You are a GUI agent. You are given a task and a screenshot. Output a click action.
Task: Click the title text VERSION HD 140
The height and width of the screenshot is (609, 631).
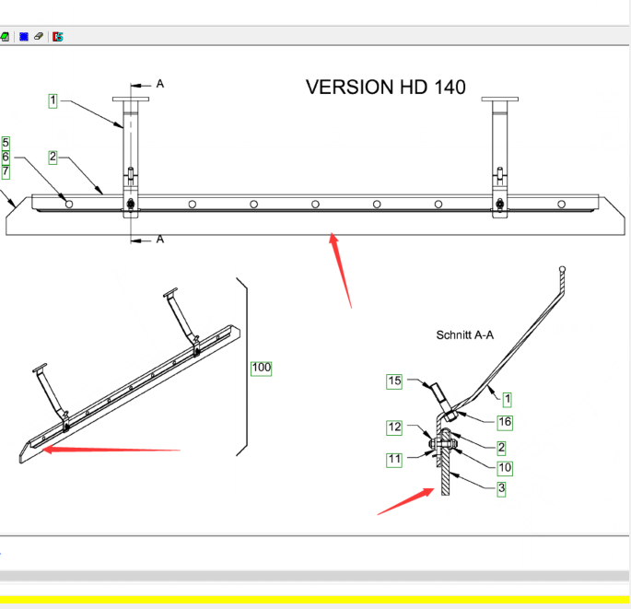[x=385, y=88]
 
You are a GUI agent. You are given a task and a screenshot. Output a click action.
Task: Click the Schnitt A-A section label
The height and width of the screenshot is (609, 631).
[x=464, y=335]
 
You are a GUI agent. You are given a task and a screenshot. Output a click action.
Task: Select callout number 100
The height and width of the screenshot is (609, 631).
[x=262, y=368]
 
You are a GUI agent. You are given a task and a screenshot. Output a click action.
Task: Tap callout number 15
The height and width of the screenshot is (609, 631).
[x=394, y=381]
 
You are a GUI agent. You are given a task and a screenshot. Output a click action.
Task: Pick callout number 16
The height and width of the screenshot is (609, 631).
[x=504, y=422]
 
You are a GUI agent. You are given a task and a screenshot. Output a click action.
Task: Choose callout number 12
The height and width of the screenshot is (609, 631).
[x=394, y=427]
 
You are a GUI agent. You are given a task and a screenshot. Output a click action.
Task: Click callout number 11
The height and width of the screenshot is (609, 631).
[x=394, y=459]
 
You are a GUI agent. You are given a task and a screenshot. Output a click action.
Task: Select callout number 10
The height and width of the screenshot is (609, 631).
[x=505, y=468]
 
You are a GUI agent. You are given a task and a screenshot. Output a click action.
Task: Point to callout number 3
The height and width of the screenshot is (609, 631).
[x=501, y=488]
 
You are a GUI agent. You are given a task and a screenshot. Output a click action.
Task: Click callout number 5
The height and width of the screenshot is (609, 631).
[x=6, y=143]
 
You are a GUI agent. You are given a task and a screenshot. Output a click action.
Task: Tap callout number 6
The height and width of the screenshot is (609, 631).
[x=6, y=157]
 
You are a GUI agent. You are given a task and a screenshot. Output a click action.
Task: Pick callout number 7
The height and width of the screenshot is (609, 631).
[x=6, y=170]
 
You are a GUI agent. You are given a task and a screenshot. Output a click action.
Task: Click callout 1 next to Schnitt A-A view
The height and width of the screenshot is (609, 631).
[x=507, y=398]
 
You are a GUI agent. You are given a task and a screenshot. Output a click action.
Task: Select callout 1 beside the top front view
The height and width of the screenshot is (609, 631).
[x=53, y=100]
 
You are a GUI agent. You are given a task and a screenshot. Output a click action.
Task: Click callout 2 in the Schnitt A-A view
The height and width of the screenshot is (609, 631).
[x=501, y=447]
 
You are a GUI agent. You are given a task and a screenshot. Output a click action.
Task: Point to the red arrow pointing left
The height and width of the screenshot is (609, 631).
[x=111, y=450]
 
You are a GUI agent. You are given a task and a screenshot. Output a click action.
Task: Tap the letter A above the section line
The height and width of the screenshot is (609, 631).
[x=160, y=84]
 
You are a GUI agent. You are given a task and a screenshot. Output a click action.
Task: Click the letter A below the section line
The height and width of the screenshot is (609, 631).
[x=160, y=240]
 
